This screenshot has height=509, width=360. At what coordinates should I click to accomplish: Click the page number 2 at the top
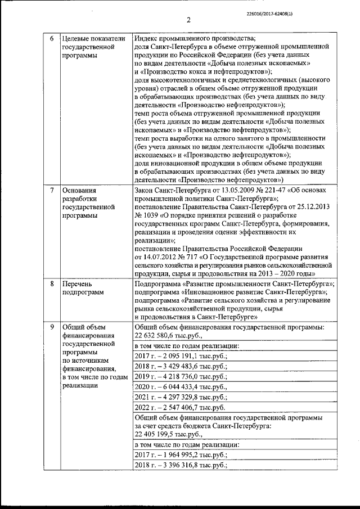tap(188, 21)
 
